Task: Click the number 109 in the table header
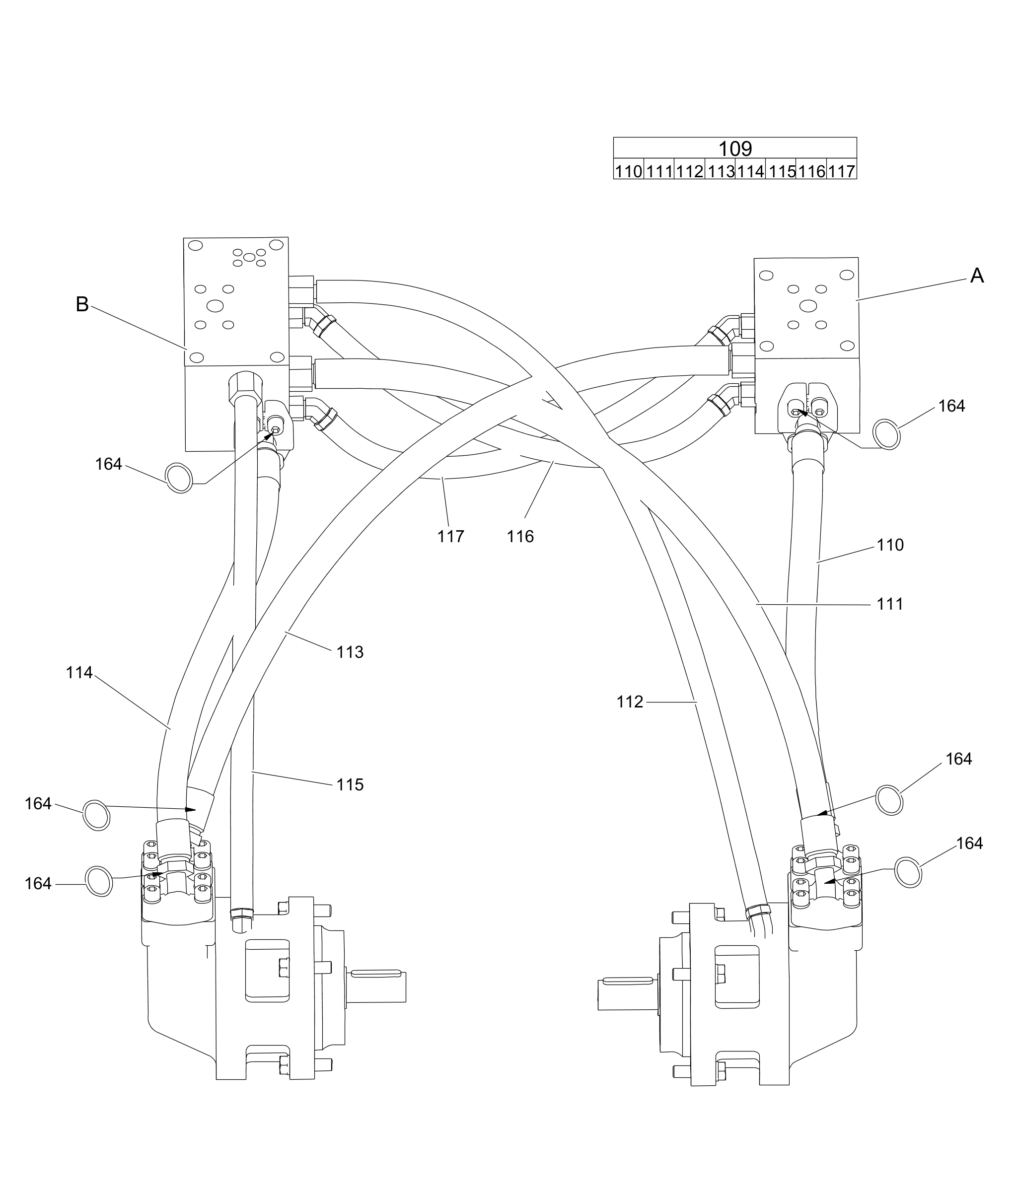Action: [735, 149]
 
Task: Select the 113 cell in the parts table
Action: [720, 171]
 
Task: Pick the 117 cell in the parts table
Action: [841, 171]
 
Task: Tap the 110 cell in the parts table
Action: [628, 171]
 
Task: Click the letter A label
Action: [977, 276]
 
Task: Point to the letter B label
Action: [82, 304]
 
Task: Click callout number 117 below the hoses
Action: [450, 537]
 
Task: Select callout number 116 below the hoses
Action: [520, 537]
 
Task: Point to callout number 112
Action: [630, 702]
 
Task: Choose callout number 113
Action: [350, 652]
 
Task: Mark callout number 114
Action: [79, 673]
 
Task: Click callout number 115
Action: [350, 784]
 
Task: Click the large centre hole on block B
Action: [215, 306]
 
